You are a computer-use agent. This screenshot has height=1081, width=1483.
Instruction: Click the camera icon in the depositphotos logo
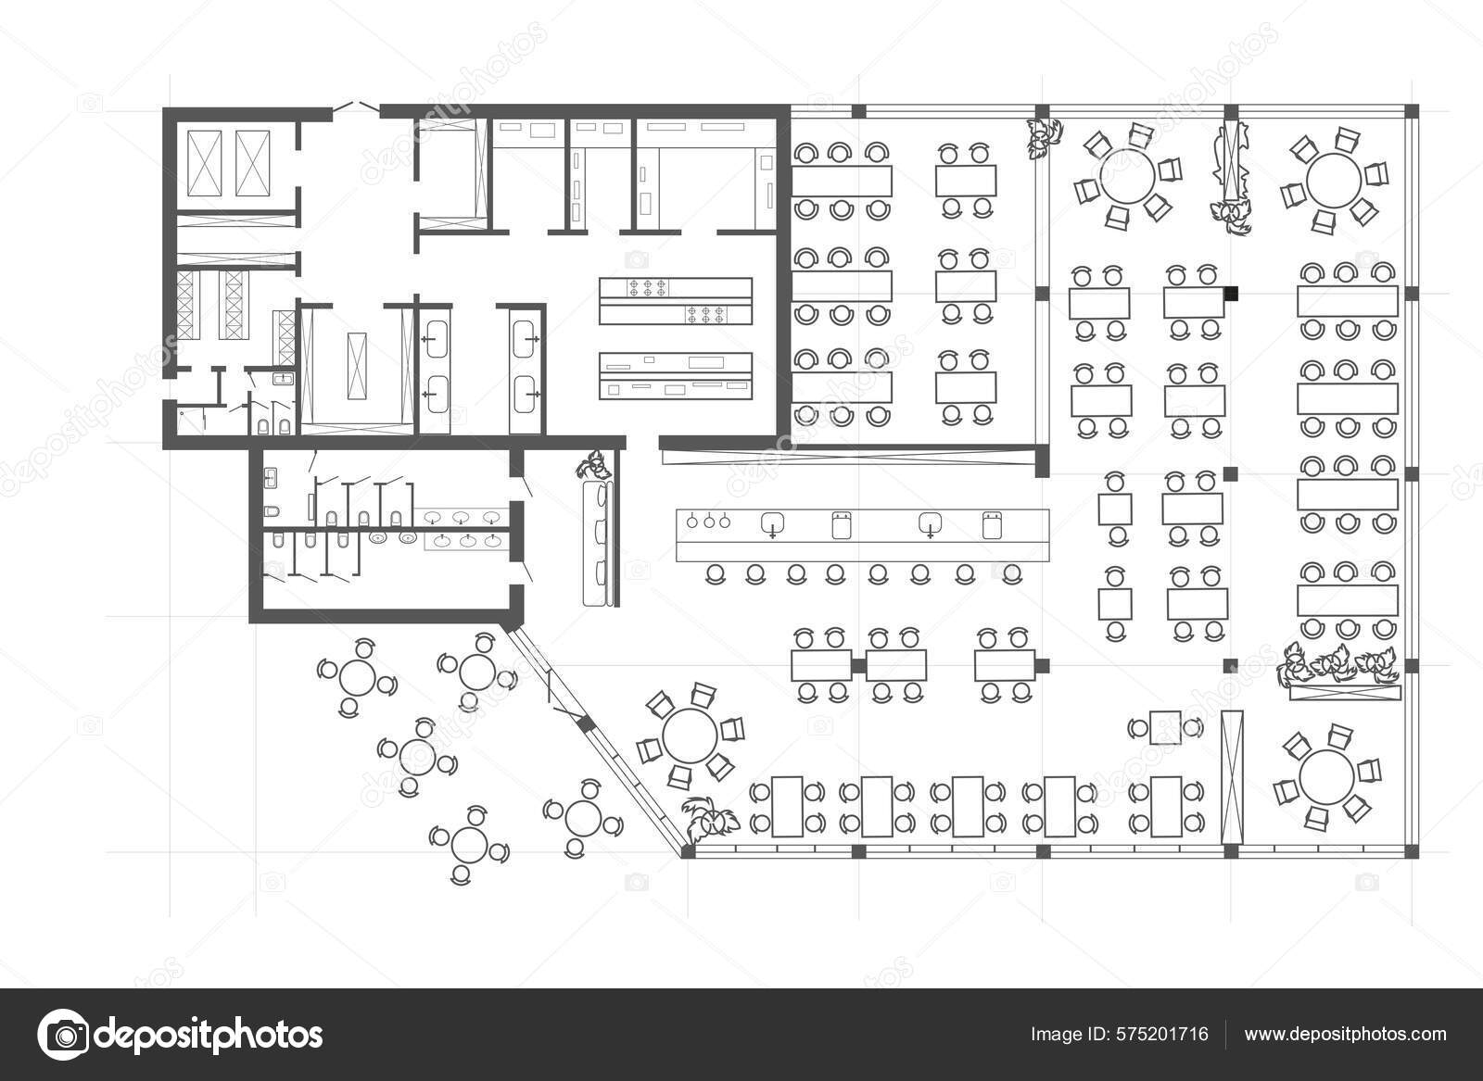63,1034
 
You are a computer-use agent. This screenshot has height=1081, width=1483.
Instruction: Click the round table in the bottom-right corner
1325,776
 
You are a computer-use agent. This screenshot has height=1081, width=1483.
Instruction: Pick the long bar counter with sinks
862,534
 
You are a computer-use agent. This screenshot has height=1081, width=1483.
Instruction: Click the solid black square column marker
1231,294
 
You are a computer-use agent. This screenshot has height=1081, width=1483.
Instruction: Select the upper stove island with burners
674,300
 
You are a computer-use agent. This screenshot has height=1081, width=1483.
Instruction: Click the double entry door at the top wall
356,108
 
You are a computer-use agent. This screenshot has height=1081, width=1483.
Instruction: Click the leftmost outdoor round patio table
356,678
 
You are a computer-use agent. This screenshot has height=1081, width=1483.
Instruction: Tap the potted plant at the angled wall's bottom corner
708,819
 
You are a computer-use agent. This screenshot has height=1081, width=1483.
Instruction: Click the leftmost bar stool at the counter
716,574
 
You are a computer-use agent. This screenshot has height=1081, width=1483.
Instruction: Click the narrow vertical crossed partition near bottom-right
1232,776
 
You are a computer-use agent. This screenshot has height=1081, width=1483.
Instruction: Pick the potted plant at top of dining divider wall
1045,136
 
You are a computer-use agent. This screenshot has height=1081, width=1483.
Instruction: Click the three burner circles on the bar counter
708,522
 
